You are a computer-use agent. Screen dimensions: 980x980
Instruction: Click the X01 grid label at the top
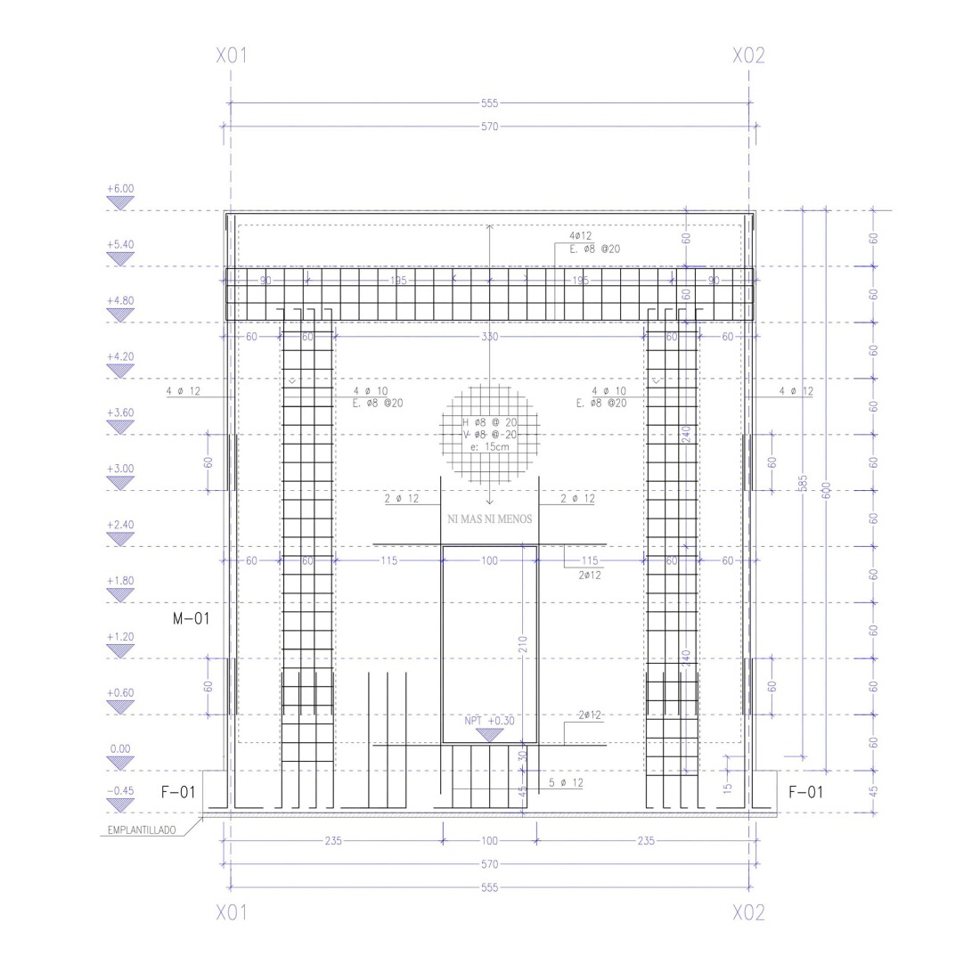pos(232,56)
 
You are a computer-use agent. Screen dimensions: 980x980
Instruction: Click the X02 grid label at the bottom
pos(748,913)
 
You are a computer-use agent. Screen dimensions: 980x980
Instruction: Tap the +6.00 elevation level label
pos(119,189)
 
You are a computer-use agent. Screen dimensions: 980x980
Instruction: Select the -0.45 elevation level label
pos(119,791)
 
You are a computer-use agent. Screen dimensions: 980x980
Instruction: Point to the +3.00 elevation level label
pos(119,469)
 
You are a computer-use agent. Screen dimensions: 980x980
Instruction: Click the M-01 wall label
pos(191,617)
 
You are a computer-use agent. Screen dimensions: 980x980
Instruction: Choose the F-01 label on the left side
pos(178,792)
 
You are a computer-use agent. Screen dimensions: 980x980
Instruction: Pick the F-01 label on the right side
pos(805,792)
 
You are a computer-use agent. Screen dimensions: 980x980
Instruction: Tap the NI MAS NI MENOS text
pos(489,519)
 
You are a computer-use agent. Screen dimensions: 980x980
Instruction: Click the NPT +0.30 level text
pos(489,721)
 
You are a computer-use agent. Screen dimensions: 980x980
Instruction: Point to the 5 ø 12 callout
pos(566,783)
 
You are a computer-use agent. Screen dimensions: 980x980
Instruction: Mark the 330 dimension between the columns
pos(489,337)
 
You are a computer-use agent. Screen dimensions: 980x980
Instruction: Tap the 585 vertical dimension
pos(803,483)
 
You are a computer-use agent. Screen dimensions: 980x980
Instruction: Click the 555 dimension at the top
pos(489,104)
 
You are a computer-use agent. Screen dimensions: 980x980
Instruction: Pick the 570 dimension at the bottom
pos(489,864)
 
